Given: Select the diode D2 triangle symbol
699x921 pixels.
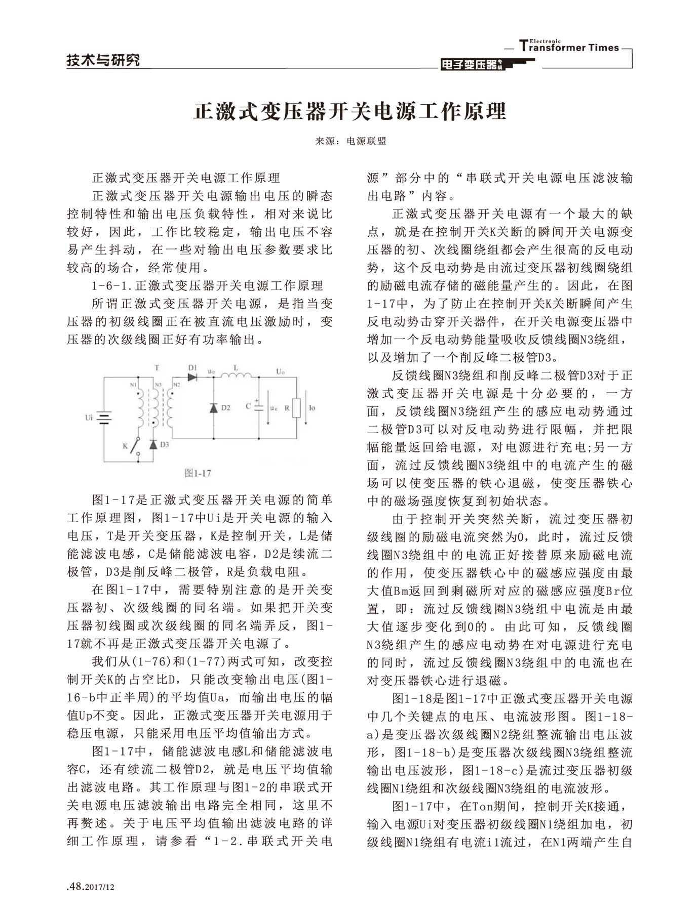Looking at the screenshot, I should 213,407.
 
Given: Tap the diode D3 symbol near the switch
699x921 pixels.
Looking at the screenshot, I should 153,444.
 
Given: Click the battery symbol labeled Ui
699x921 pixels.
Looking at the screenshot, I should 104,418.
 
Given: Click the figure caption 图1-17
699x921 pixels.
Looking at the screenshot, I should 198,473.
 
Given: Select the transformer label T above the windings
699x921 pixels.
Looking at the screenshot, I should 157,368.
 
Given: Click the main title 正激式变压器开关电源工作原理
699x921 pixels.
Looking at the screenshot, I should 349,111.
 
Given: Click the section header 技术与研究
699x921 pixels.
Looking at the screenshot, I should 103,61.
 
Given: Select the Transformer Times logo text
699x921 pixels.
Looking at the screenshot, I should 569,47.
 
